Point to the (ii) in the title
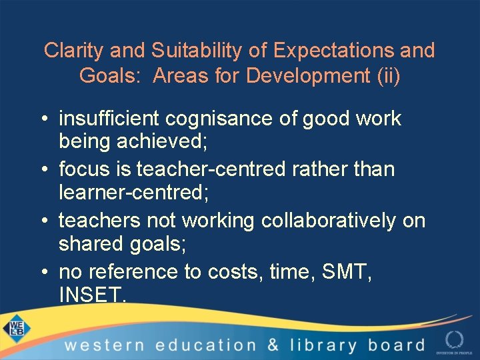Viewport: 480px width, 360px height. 389,76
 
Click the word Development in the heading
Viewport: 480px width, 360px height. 309,76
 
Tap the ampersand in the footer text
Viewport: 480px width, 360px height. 273,345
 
